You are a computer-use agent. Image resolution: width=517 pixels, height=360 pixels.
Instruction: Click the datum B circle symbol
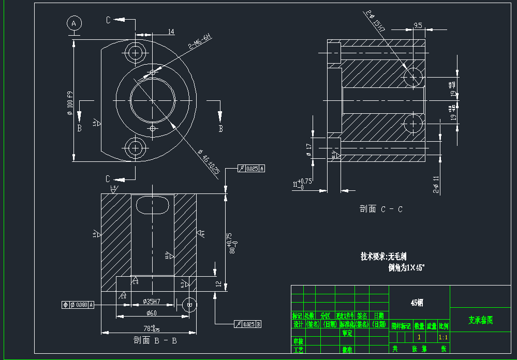coord(189,305)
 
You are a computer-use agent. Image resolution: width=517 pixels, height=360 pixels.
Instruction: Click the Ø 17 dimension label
coord(309,147)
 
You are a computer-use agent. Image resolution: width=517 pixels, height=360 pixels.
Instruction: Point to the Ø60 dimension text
coord(151,313)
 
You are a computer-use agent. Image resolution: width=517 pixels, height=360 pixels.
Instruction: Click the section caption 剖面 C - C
coord(381,209)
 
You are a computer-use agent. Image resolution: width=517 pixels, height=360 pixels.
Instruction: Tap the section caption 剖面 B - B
coord(155,340)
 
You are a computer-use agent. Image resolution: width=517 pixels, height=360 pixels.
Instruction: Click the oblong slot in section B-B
coord(153,204)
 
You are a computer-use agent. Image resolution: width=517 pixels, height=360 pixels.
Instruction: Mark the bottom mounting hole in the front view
coord(136,148)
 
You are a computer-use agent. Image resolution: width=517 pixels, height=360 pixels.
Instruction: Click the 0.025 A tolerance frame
coord(251,169)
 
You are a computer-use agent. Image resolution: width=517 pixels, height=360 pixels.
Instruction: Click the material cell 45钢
coord(419,303)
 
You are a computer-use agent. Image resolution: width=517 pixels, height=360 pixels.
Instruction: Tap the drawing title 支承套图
coord(481,320)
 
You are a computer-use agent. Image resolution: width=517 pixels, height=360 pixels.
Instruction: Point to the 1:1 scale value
coord(444,337)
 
